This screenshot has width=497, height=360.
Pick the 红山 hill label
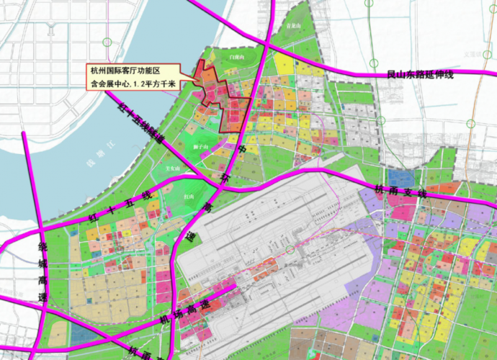(189, 196)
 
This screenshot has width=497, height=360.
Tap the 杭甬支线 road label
(400, 192)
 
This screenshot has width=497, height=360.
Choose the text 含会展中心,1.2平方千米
(134, 84)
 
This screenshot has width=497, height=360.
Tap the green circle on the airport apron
(290, 249)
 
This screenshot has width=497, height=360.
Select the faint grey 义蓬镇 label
(473, 53)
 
